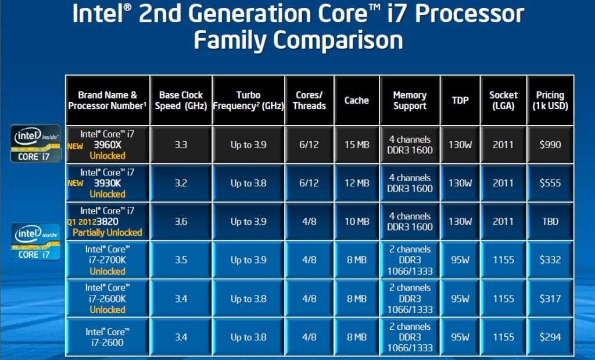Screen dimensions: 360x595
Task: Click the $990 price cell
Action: tap(550, 145)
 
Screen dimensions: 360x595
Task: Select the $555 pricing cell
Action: tap(550, 183)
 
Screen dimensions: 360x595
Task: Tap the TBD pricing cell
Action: tap(550, 221)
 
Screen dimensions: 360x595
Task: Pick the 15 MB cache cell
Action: tap(356, 145)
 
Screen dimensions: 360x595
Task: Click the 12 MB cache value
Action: tap(356, 183)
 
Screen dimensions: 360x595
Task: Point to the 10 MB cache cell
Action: tap(356, 221)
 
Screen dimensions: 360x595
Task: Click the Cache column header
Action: tap(356, 100)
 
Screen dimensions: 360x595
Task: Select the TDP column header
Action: tap(460, 100)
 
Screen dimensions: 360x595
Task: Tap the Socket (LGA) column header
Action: tap(503, 100)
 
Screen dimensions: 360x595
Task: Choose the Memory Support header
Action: tap(410, 100)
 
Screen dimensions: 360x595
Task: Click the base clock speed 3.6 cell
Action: tap(180, 221)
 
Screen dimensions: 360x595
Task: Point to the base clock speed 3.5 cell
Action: tap(180, 260)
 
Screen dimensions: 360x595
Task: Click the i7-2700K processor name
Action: tap(107, 260)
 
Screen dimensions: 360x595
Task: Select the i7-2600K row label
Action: tap(107, 298)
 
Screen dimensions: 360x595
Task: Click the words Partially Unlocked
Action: tap(107, 232)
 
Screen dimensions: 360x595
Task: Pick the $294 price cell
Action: tap(550, 337)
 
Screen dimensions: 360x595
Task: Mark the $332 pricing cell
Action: tap(550, 260)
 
